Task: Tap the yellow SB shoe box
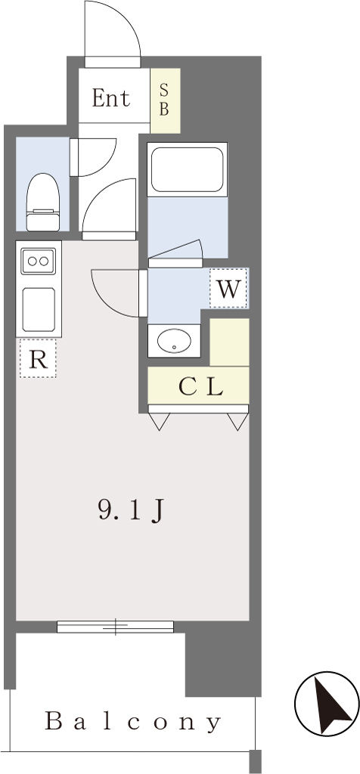165,101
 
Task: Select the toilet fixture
43,202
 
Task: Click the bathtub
187,169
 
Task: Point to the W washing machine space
228,288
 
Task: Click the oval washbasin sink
174,341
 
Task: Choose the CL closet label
200,388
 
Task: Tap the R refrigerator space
38,359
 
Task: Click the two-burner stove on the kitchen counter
38,261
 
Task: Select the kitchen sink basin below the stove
38,309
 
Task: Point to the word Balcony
133,722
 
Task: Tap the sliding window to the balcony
116,627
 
